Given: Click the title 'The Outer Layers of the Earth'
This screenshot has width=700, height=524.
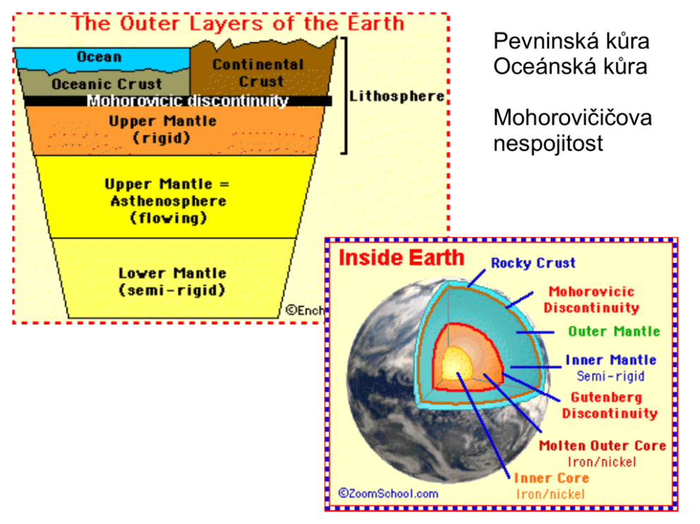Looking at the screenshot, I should [239, 23].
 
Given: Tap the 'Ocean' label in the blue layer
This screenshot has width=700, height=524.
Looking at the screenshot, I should [99, 56].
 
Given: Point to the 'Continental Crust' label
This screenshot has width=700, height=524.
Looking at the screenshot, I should [258, 73].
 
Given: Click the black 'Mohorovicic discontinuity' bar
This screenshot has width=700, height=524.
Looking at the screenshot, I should [187, 101].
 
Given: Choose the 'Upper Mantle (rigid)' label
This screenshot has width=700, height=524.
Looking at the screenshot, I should [162, 130].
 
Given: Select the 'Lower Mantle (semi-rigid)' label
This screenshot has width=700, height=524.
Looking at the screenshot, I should [172, 281].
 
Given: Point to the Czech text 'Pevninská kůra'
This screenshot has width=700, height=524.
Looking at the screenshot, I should [571, 41].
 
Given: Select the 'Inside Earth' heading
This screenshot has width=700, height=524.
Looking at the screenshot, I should [402, 257].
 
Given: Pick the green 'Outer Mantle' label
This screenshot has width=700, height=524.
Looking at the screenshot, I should [614, 331].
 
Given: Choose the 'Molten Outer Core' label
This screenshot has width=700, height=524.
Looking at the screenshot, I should [602, 446].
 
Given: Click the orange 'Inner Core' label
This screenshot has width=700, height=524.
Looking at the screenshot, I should [551, 478].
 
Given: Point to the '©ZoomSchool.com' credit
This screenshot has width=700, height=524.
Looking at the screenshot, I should [388, 494].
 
